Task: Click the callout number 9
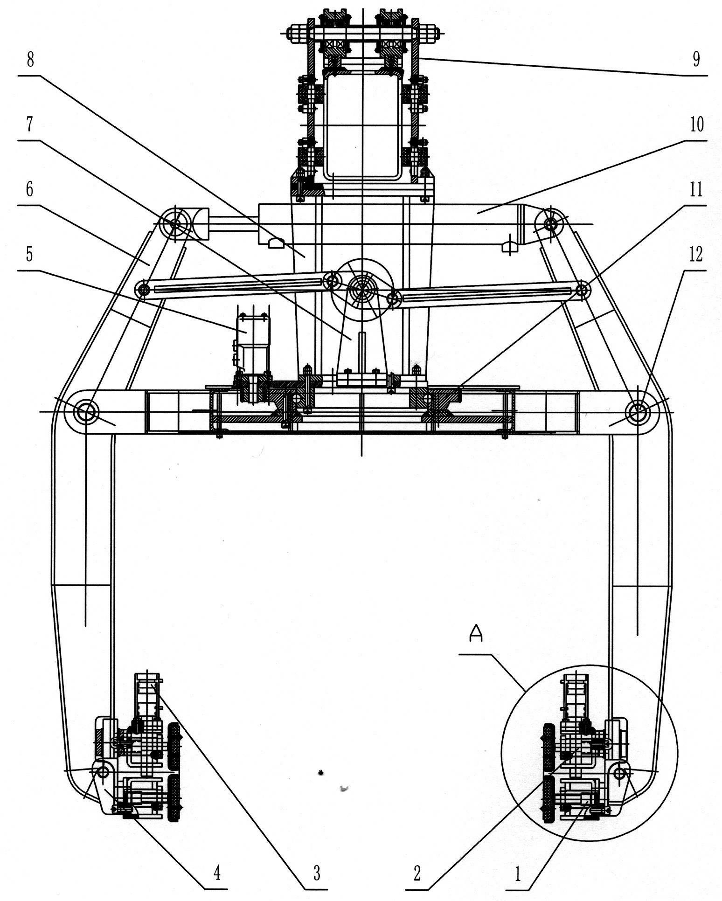(x=696, y=60)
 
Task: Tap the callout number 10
(x=696, y=125)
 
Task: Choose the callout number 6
(x=30, y=191)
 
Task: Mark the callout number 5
(x=30, y=256)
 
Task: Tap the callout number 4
(x=217, y=873)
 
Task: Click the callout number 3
(x=317, y=873)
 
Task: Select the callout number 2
(x=417, y=873)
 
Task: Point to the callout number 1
(x=517, y=873)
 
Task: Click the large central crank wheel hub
(x=361, y=290)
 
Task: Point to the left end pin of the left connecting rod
(x=143, y=290)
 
